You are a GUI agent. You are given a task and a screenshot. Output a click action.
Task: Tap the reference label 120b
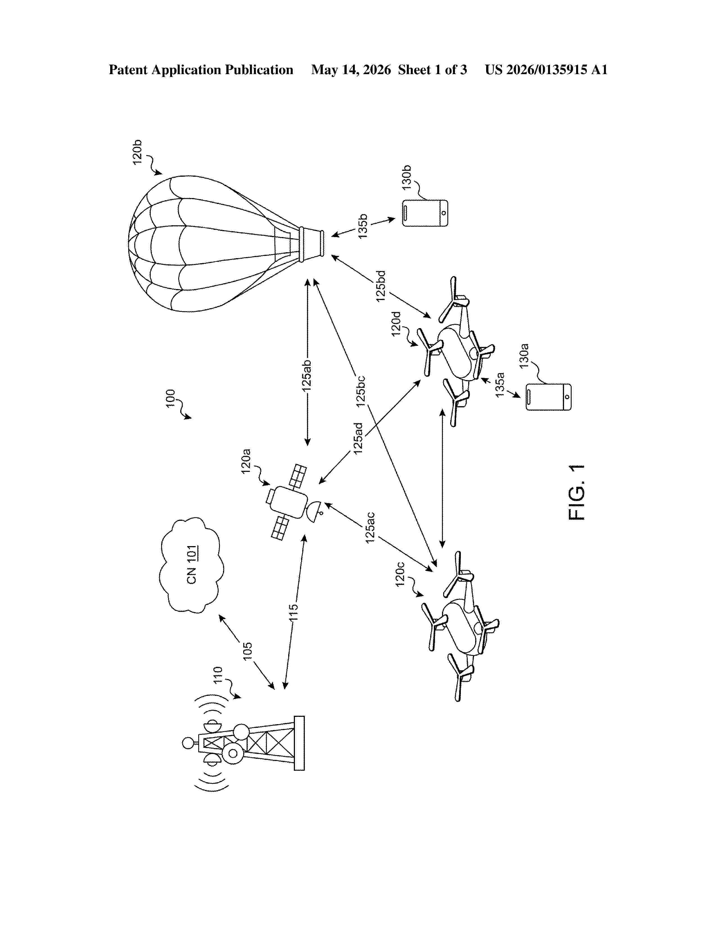click(137, 152)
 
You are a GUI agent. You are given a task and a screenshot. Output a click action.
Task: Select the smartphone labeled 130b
click(425, 213)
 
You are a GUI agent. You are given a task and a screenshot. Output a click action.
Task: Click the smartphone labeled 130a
click(548, 397)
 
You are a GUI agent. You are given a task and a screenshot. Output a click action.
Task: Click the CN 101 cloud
click(191, 565)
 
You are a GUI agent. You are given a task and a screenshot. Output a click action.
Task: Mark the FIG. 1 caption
click(576, 492)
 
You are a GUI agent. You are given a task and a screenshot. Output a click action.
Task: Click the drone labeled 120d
click(457, 352)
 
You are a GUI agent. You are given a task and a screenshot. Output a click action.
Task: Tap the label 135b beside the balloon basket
click(362, 227)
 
